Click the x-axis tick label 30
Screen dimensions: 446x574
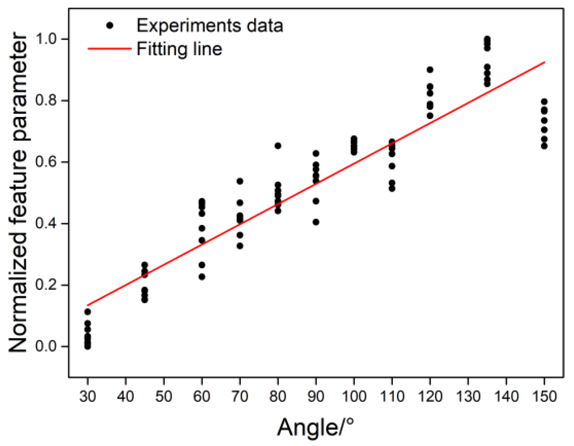point(87,396)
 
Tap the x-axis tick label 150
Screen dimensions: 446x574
point(544,396)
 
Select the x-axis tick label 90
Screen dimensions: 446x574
point(316,396)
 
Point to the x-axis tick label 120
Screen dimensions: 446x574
point(430,396)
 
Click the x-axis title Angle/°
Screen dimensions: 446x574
point(315,427)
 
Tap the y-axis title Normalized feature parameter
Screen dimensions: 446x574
point(18,192)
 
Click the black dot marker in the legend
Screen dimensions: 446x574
point(110,26)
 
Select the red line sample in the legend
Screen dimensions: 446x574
point(110,49)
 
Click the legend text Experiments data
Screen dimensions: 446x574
point(209,26)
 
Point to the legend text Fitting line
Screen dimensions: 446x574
point(179,49)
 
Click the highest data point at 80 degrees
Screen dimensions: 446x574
point(278,146)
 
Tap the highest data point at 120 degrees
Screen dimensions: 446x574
point(430,70)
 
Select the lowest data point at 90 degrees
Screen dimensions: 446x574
point(316,222)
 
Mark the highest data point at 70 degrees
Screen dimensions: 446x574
point(240,181)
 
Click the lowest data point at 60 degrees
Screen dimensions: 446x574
point(202,277)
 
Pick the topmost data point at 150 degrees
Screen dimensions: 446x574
point(544,102)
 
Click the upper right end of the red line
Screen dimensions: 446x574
point(544,62)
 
